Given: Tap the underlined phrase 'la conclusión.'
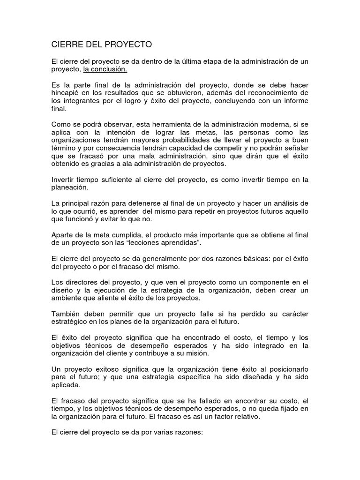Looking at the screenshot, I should (105, 69).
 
